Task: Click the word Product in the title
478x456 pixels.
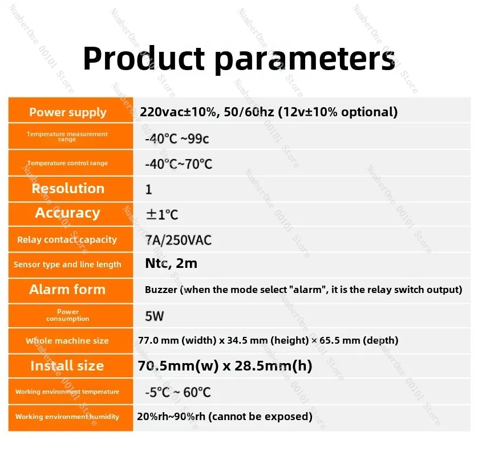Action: [x=144, y=59]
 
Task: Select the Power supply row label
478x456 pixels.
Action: [x=68, y=112]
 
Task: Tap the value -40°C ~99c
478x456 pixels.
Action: [x=177, y=139]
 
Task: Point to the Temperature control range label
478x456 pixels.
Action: [x=67, y=163]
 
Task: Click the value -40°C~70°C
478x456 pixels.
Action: [x=179, y=164]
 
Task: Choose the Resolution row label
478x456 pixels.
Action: [x=68, y=189]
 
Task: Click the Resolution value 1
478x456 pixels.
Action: [x=148, y=189]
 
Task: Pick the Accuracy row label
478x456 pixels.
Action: [x=67, y=213]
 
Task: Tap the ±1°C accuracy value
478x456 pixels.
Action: [x=162, y=214]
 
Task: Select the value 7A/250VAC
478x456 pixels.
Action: [x=179, y=241]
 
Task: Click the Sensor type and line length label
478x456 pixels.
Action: [x=67, y=264]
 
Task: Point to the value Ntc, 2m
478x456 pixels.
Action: [x=171, y=263]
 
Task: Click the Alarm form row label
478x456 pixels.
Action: [x=67, y=290]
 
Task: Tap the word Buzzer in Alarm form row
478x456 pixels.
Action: [x=161, y=290]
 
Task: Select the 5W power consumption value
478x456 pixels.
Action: [x=154, y=316]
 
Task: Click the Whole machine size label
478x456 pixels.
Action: [x=67, y=340]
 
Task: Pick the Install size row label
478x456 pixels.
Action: [x=67, y=366]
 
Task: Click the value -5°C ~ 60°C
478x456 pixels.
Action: [x=178, y=392]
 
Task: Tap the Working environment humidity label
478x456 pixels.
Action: [x=67, y=417]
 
